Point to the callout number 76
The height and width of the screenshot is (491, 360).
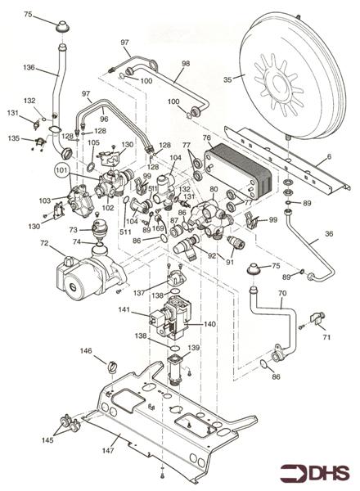[206, 138]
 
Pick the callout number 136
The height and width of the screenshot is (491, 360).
[29, 67]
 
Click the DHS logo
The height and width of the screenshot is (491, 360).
[314, 473]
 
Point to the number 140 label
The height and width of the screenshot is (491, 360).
[209, 324]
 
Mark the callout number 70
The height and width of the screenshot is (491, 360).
[281, 292]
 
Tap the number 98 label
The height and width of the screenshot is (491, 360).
[185, 63]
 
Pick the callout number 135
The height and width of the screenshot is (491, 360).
[12, 138]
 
